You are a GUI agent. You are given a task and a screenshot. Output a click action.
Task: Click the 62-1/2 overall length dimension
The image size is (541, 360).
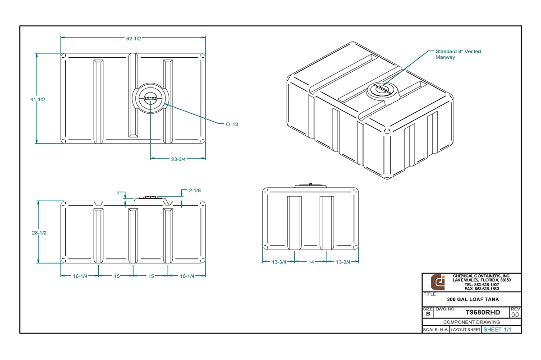tap(133, 39)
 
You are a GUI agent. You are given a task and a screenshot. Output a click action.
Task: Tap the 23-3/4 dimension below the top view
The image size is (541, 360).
tap(178, 159)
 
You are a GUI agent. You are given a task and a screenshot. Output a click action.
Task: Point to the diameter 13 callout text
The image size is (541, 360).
tap(232, 124)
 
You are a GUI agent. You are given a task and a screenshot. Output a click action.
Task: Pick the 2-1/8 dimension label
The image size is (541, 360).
tap(195, 190)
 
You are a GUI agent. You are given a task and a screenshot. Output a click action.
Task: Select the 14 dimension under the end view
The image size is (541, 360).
tap(311, 262)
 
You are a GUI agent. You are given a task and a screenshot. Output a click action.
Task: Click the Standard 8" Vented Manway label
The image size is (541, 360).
tap(458, 54)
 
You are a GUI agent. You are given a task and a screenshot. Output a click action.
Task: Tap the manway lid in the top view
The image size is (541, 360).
tap(151, 98)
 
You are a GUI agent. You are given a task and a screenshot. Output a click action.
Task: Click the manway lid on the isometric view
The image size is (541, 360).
tap(382, 90)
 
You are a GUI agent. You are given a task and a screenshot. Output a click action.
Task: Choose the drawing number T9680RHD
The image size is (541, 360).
tap(482, 312)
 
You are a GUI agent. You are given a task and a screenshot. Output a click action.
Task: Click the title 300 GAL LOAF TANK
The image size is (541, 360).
tap(472, 300)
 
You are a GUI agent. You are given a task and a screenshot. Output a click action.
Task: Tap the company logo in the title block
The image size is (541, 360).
tap(438, 282)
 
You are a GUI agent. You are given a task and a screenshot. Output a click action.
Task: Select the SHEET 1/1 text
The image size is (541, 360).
tap(497, 329)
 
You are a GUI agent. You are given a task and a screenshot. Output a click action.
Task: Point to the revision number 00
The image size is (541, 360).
tap(515, 314)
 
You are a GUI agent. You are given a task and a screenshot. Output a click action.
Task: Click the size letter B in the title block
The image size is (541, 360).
tap(427, 314)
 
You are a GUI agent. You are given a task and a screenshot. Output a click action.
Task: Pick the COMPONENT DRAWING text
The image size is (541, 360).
tap(472, 322)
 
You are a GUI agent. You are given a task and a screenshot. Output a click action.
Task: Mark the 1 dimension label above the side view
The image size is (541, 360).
tap(118, 193)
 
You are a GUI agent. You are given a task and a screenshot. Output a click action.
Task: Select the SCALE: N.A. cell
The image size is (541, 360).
tap(436, 330)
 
